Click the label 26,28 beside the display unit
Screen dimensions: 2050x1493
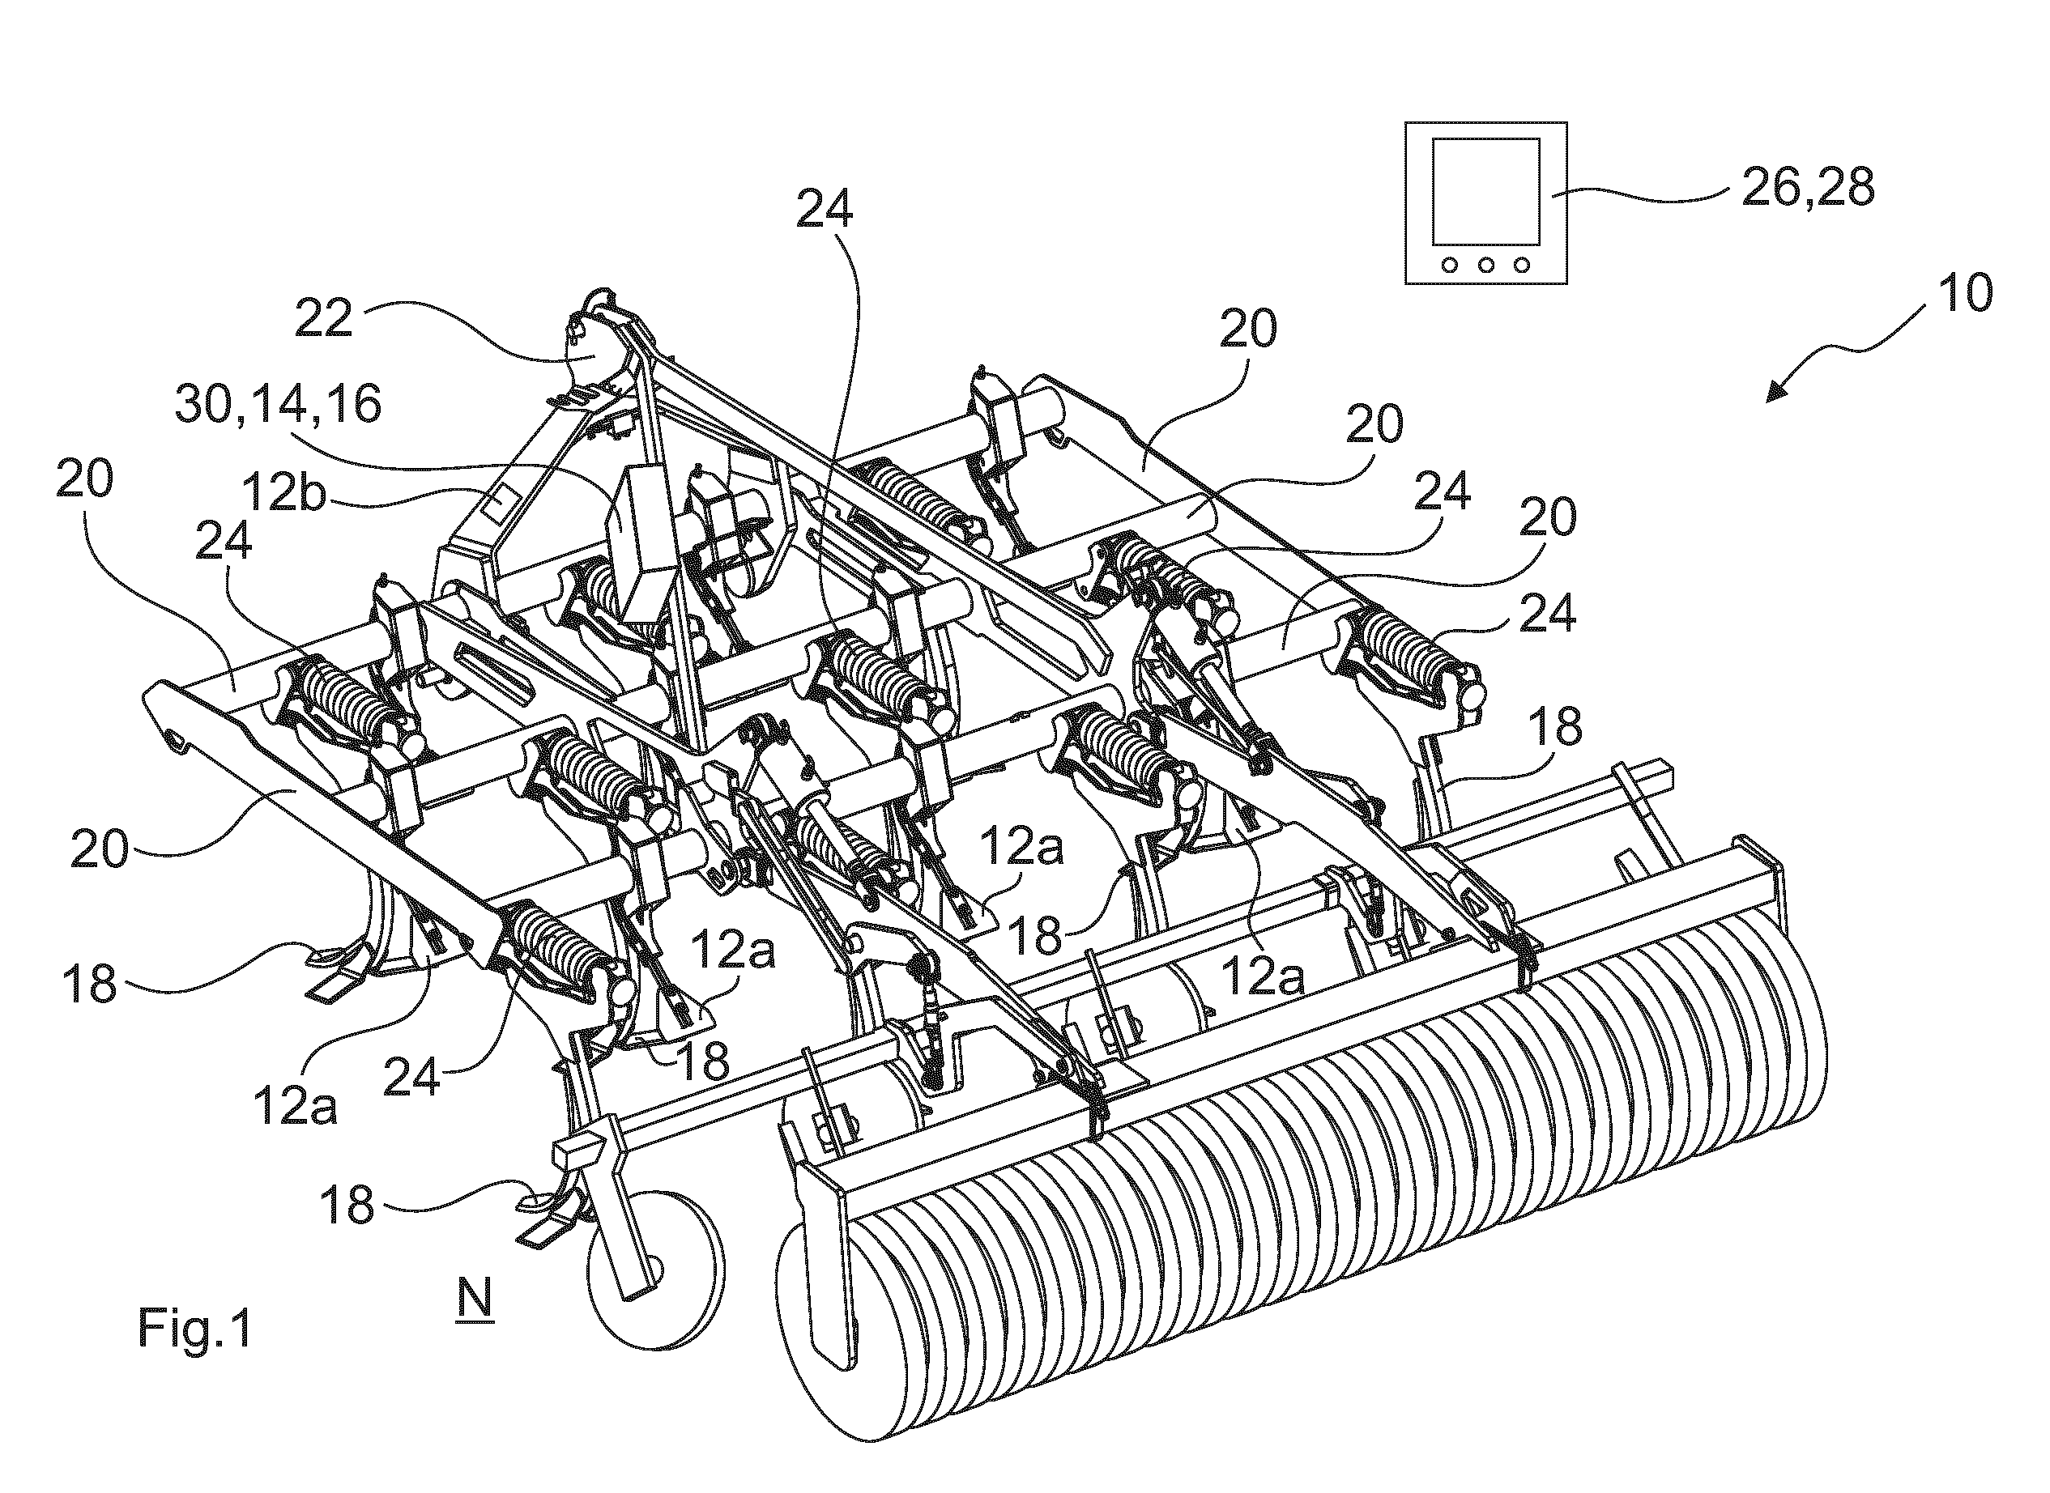1808,188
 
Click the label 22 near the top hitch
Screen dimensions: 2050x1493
325,318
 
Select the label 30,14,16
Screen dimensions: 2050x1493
279,404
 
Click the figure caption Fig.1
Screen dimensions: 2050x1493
194,1329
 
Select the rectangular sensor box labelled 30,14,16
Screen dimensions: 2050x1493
644,535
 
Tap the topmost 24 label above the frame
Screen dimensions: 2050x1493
825,210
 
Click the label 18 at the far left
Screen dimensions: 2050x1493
91,982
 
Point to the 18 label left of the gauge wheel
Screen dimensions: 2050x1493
347,1205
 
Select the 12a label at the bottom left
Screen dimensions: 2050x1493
296,1106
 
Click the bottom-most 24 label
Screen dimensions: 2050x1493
412,1078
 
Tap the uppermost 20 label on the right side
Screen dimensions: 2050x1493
1248,329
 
